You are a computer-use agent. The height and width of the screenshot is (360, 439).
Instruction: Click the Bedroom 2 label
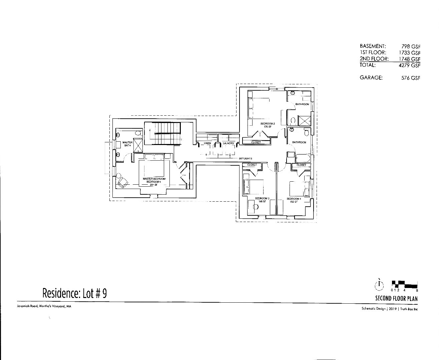coord(268,124)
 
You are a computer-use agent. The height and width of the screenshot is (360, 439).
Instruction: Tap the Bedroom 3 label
coord(261,199)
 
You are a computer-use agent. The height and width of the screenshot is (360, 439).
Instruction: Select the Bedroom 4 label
coord(294,199)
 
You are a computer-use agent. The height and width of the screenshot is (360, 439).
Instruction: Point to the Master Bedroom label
coord(152,179)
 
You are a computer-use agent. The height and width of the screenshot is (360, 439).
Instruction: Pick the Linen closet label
coord(207,143)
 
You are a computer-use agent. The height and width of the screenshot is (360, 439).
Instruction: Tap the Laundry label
coord(229,143)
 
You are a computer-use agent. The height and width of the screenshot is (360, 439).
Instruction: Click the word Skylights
coord(245,159)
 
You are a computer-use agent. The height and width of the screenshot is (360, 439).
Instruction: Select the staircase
coord(162,133)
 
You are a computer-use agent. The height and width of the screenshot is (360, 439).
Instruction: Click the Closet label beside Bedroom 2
coord(256,142)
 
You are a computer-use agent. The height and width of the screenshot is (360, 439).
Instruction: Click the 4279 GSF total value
coord(410,65)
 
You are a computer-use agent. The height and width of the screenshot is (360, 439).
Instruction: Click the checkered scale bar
coord(405,284)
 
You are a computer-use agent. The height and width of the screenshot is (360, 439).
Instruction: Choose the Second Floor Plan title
coord(396,299)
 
